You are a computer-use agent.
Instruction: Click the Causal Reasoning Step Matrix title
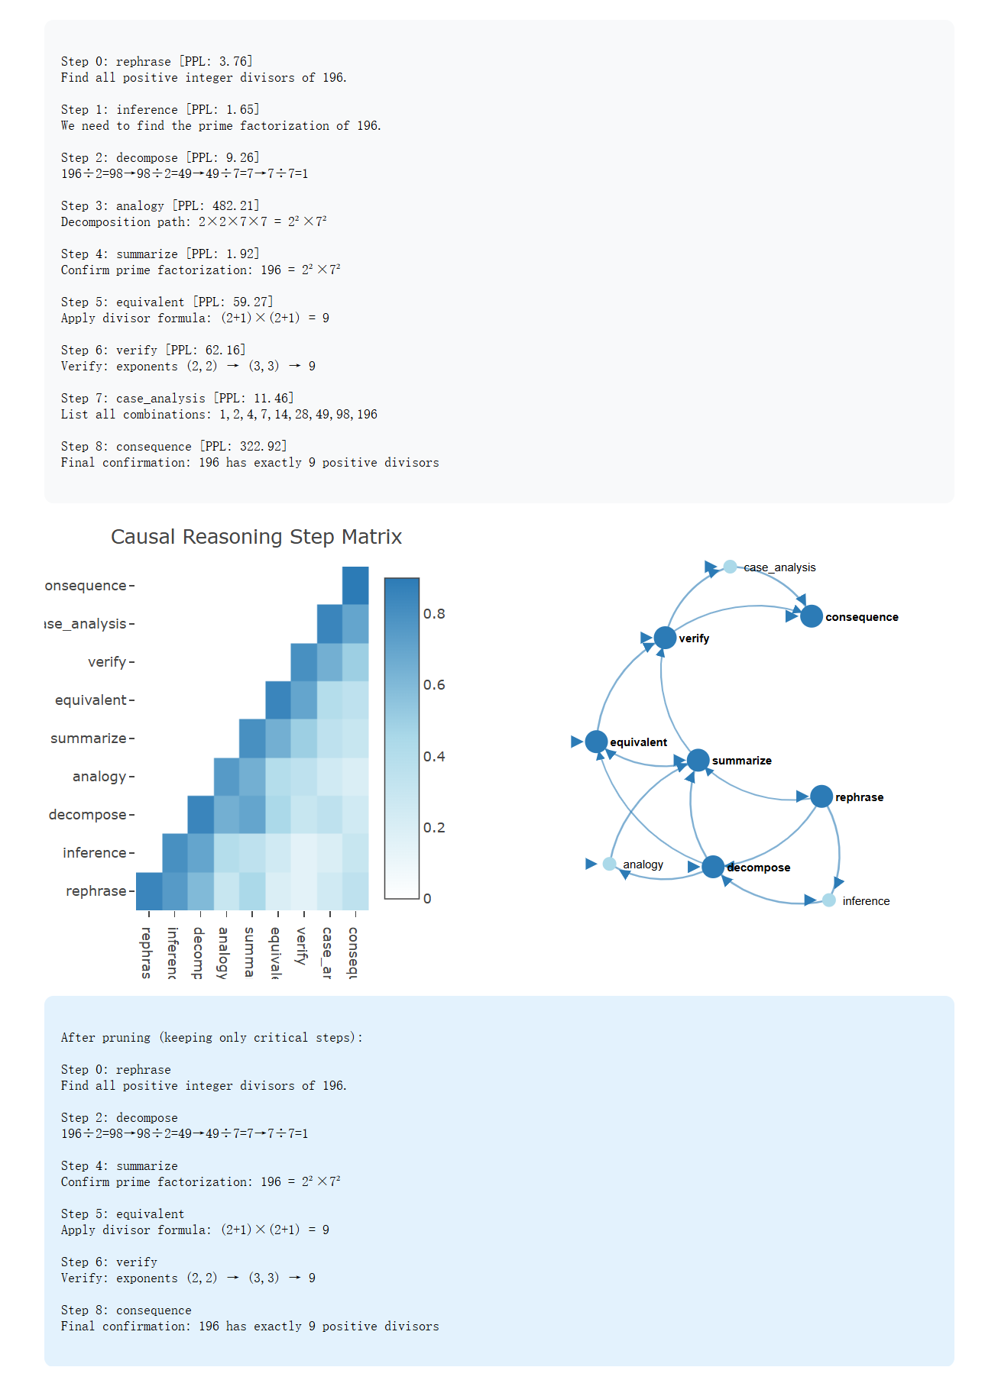pyautogui.click(x=256, y=537)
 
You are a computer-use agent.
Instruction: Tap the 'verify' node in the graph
pyautogui.click(x=665, y=637)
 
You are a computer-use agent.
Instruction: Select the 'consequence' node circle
pyautogui.click(x=811, y=616)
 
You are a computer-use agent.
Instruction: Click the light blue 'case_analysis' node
pyautogui.click(x=730, y=567)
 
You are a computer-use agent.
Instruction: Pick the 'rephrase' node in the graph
pyautogui.click(x=821, y=797)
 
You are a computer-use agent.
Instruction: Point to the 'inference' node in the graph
pyautogui.click(x=828, y=900)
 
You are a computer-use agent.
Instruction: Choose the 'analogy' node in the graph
pyautogui.click(x=609, y=864)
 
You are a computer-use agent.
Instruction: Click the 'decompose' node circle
pyautogui.click(x=712, y=867)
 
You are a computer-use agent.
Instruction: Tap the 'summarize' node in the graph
pyautogui.click(x=698, y=760)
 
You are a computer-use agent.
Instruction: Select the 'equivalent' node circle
pyautogui.click(x=596, y=742)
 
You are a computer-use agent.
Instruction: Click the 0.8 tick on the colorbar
pyautogui.click(x=434, y=614)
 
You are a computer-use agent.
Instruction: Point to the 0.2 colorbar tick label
pyautogui.click(x=434, y=828)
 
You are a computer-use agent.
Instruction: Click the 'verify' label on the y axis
pyautogui.click(x=107, y=662)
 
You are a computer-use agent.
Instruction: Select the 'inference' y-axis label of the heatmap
pyautogui.click(x=94, y=853)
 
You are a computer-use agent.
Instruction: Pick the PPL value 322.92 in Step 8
pyautogui.click(x=263, y=446)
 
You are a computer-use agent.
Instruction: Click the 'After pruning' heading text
pyautogui.click(x=212, y=1037)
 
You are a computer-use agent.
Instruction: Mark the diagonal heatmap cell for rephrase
pyautogui.click(x=149, y=891)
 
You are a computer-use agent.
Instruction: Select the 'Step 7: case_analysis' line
pyautogui.click(x=177, y=398)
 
